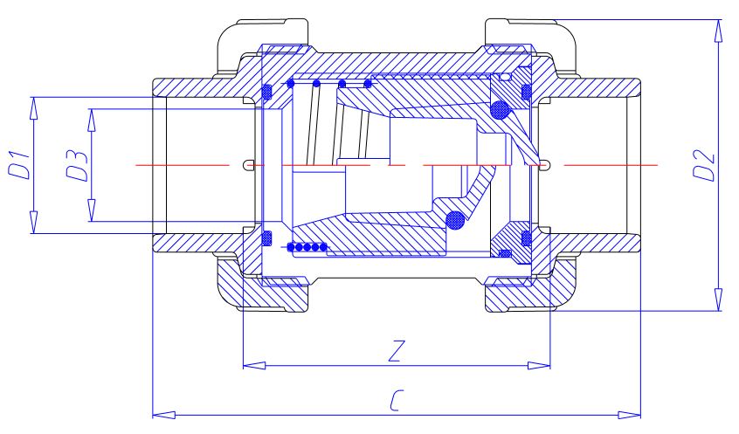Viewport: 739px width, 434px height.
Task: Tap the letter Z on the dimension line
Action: point(396,351)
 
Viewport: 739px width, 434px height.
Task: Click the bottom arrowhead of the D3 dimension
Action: point(90,212)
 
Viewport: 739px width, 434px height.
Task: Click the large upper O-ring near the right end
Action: point(500,110)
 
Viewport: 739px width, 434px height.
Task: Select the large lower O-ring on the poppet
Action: point(454,220)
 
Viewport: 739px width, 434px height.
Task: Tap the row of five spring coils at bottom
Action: point(307,247)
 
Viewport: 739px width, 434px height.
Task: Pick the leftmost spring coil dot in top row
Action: point(290,85)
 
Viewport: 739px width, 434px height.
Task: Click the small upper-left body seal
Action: point(267,92)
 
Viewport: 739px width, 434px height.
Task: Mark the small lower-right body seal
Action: point(526,237)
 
